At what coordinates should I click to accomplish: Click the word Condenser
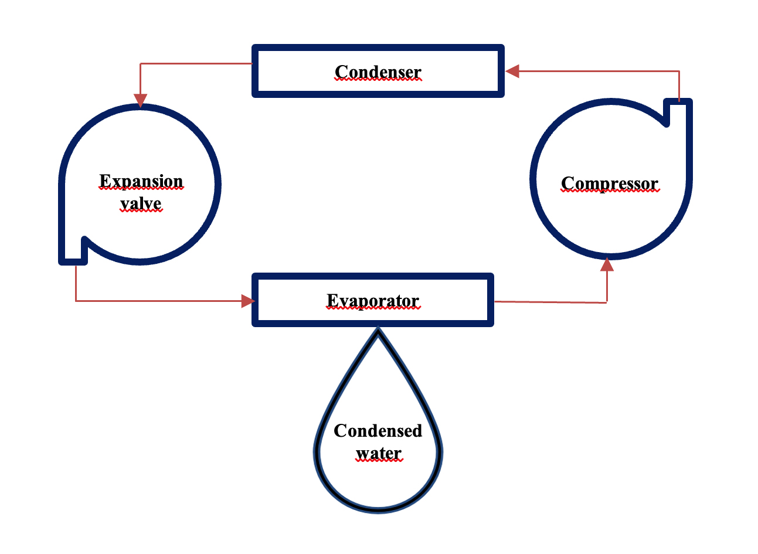pyautogui.click(x=378, y=72)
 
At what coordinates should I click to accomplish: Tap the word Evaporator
pyautogui.click(x=373, y=301)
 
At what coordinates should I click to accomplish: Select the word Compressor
pyautogui.click(x=610, y=183)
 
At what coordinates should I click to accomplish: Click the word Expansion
pyautogui.click(x=141, y=181)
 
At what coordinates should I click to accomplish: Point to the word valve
pyautogui.click(x=141, y=203)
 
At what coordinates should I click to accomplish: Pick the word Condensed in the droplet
pyautogui.click(x=378, y=431)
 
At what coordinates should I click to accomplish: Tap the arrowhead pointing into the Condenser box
pyautogui.click(x=512, y=71)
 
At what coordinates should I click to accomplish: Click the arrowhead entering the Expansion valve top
pyautogui.click(x=140, y=101)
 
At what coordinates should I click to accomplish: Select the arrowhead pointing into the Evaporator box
pyautogui.click(x=248, y=301)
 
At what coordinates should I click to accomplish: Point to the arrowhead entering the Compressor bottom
pyautogui.click(x=607, y=265)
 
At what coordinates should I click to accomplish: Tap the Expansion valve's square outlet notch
pyautogui.click(x=74, y=252)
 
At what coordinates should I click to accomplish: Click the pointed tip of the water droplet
pyautogui.click(x=378, y=332)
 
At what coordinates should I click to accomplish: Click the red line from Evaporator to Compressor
pyautogui.click(x=551, y=302)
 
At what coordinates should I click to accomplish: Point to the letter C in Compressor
pyautogui.click(x=567, y=183)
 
